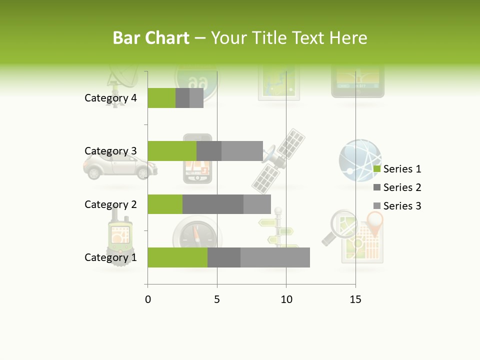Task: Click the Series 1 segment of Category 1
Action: [x=177, y=257]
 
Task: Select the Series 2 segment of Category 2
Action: [x=213, y=204]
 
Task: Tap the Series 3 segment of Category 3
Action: [x=242, y=151]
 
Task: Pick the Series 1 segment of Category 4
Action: [x=161, y=98]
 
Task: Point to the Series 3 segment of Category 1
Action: [x=275, y=257]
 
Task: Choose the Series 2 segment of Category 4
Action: [x=182, y=98]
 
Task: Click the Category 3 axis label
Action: [x=110, y=151]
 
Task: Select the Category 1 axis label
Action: [x=110, y=257]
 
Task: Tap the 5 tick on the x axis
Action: [x=217, y=299]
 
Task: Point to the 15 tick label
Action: [x=355, y=299]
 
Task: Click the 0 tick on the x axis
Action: [x=148, y=299]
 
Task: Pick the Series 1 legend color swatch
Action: [x=377, y=169]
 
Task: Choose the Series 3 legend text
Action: [x=402, y=206]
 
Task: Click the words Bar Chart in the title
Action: [x=150, y=38]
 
